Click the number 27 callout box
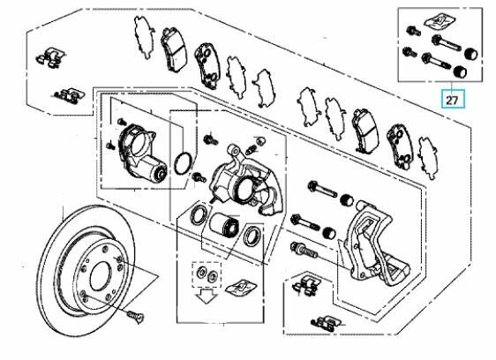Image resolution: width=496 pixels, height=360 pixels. pos(451,100)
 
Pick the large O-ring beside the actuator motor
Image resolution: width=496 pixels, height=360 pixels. pos(182,163)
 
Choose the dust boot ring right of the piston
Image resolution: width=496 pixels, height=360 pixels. pos(252,234)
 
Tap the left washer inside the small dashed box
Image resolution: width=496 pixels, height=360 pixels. pos(202,274)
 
